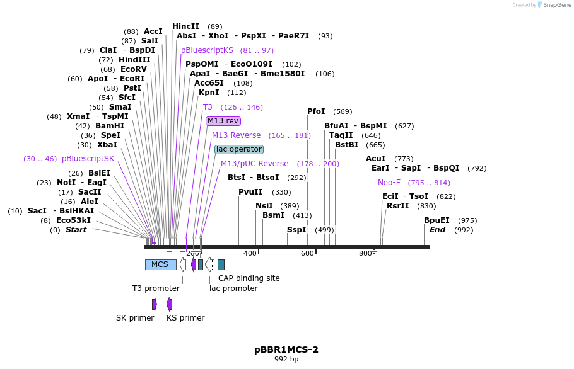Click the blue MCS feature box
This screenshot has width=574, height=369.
click(x=160, y=264)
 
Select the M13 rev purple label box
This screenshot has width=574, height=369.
click(x=223, y=121)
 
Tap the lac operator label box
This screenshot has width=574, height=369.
click(x=238, y=149)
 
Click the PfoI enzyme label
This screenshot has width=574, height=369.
click(x=316, y=111)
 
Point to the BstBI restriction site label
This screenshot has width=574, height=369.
click(x=346, y=145)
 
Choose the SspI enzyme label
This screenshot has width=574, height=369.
click(x=296, y=230)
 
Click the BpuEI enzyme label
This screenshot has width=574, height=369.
click(x=436, y=220)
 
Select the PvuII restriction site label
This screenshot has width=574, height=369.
click(x=250, y=192)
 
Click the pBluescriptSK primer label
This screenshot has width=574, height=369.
click(x=88, y=159)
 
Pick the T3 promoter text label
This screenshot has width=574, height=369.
click(x=156, y=288)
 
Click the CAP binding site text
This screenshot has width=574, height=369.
click(x=249, y=278)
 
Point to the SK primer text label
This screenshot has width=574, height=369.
click(x=135, y=318)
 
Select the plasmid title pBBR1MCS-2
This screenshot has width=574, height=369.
click(x=286, y=349)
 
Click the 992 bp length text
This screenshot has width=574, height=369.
click(x=286, y=360)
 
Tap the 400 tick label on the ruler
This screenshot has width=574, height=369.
click(x=250, y=253)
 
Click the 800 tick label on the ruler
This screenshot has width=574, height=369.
click(x=365, y=253)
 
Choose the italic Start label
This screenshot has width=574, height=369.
click(x=76, y=230)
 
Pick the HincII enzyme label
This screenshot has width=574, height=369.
click(x=185, y=26)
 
